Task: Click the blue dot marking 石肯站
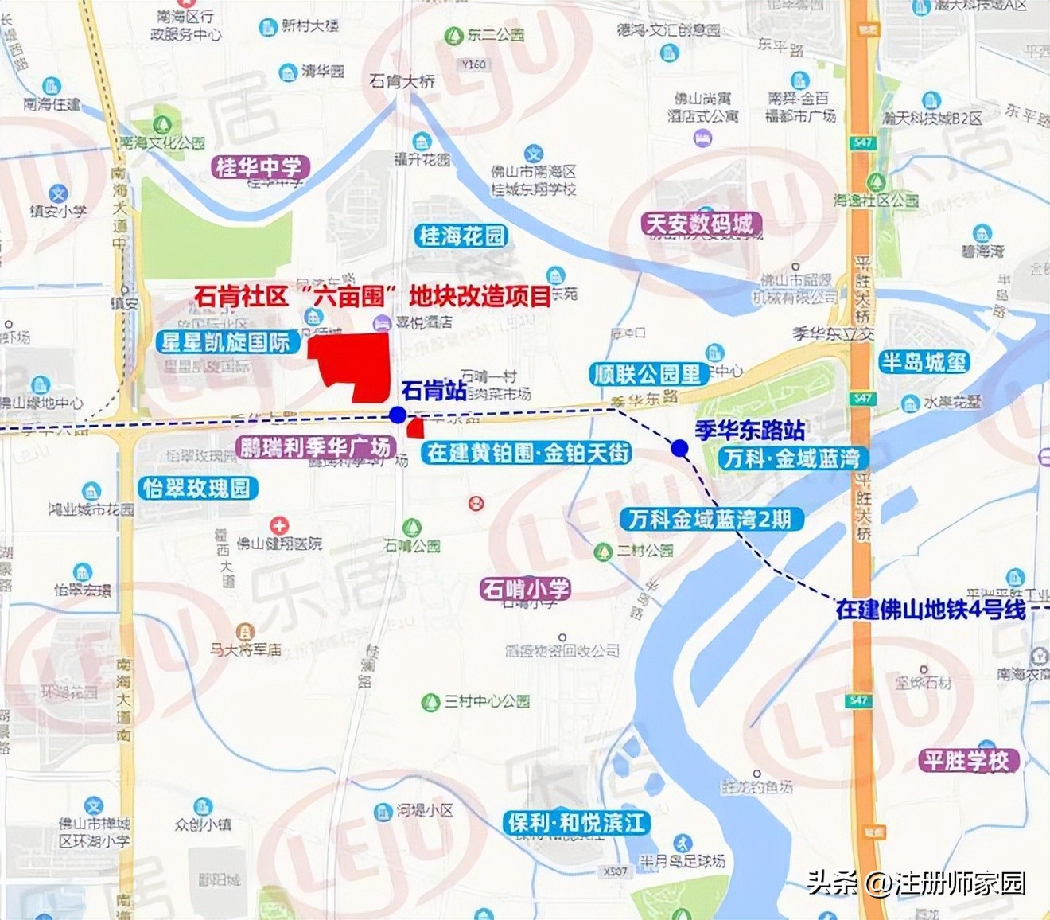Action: (x=398, y=415)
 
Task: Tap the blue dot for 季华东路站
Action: (x=679, y=448)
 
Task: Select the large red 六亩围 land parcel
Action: (x=354, y=363)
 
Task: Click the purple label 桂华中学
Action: (x=259, y=167)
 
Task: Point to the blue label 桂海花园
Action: (x=462, y=236)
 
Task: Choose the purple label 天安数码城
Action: (x=699, y=224)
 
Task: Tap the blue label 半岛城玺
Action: (x=924, y=362)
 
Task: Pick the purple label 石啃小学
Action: (x=526, y=589)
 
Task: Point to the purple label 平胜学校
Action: (x=966, y=760)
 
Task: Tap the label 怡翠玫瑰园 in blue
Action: (x=196, y=487)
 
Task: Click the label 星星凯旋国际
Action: (x=225, y=342)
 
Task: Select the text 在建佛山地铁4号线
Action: (x=931, y=610)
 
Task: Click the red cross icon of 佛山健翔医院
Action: (x=279, y=525)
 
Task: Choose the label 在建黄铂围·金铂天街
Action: (x=528, y=453)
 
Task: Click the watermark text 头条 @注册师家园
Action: (x=916, y=883)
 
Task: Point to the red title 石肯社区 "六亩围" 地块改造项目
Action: (x=372, y=297)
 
